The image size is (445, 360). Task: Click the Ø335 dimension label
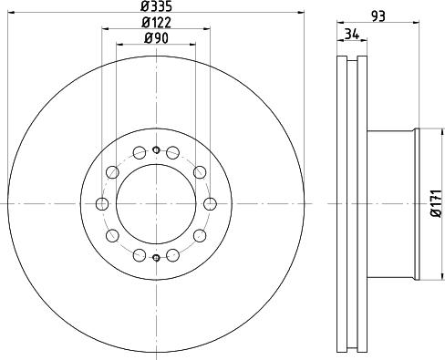coord(156,5)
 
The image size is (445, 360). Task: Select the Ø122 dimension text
coord(156,22)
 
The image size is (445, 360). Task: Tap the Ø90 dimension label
coord(156,38)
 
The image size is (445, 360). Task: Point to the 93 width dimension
coord(378,16)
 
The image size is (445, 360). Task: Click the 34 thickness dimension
coord(352,34)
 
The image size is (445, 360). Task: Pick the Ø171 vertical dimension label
coord(436,203)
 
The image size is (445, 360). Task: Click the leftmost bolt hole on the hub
coord(102,204)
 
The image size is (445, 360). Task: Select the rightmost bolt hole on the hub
coord(210,204)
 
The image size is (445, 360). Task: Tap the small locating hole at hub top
coord(156,149)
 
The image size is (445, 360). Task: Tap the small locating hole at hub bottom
coord(156,258)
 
